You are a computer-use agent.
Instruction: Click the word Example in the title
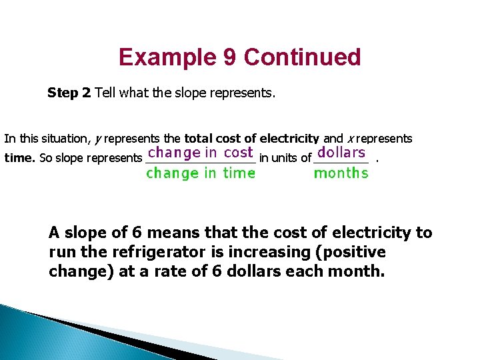165,57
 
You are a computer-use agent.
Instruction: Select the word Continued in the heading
303,57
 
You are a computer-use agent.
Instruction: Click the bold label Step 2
69,93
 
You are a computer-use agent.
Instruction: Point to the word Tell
106,93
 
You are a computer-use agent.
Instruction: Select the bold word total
198,139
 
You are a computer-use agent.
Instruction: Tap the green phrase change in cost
199,153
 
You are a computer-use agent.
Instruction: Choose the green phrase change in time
201,173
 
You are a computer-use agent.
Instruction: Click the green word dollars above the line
341,153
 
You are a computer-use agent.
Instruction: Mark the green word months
341,173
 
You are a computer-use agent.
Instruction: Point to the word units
285,158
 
